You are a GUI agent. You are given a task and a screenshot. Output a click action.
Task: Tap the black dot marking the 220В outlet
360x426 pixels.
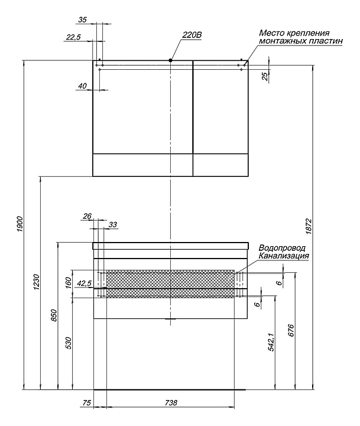tap(170, 60)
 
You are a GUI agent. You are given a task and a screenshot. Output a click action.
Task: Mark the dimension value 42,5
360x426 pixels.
tap(84, 283)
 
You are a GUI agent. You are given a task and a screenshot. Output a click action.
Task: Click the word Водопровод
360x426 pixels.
tap(281, 248)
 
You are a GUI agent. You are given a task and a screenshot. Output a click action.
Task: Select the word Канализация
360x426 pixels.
tap(284, 256)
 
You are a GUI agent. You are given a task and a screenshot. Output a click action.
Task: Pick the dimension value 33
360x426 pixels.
tap(113, 224)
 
